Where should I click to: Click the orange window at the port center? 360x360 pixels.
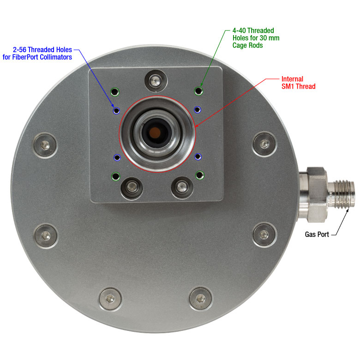click(x=155, y=133)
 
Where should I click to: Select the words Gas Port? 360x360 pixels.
click(x=317, y=234)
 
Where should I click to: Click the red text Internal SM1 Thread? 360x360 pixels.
click(x=298, y=83)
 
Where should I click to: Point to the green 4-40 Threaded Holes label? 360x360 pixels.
click(x=256, y=38)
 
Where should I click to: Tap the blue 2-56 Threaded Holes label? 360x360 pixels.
click(x=37, y=53)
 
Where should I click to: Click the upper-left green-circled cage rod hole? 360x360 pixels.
click(x=115, y=92)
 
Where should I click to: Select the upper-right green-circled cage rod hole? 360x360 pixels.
click(x=198, y=91)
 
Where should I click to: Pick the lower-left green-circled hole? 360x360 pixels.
click(x=116, y=177)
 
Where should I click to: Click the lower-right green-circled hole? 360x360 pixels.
click(x=200, y=175)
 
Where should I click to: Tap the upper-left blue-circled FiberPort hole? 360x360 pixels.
click(x=117, y=111)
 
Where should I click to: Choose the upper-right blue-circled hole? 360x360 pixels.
click(x=198, y=110)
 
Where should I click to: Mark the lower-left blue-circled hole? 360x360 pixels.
click(x=117, y=158)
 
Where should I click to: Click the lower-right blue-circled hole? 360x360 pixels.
click(x=198, y=157)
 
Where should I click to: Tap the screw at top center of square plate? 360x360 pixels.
click(x=156, y=81)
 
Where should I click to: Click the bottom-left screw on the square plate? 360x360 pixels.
click(x=132, y=188)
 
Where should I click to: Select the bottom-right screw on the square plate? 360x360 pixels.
click(x=182, y=187)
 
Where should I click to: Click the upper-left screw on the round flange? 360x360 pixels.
click(x=45, y=145)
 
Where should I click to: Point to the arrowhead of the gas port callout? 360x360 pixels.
click(x=347, y=210)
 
